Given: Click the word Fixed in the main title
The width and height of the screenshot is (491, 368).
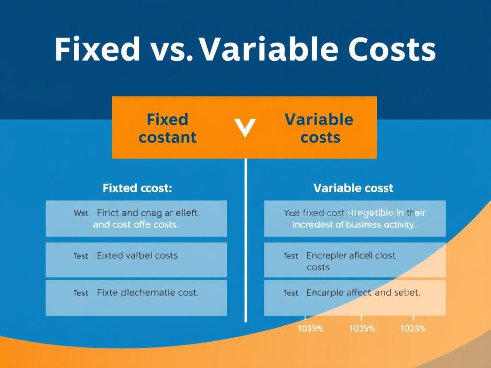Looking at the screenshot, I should coord(96,49).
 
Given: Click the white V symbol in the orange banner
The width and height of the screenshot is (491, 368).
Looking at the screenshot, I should coord(245,128).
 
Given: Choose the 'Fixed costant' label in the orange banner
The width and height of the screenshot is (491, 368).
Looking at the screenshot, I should coord(167,128).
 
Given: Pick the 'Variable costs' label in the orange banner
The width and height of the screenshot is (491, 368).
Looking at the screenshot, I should coord(319,128).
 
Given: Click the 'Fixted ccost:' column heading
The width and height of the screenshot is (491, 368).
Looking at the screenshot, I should coord(137,188).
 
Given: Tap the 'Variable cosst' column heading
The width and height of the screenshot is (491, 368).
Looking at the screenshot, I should coord(353,188).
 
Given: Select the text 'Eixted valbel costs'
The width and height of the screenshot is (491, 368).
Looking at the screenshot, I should coord(137,256).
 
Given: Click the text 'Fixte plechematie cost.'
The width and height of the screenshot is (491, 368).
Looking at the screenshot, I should coord(147,292).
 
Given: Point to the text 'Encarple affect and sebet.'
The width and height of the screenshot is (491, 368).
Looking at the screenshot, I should coord(363,293).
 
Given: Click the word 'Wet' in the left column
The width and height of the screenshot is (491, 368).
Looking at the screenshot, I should coord(81,213).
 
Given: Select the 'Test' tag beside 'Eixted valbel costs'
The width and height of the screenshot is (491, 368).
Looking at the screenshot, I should coord(81,256).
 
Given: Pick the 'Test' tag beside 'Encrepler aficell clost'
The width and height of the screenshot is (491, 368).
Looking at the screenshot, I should coord(291,256).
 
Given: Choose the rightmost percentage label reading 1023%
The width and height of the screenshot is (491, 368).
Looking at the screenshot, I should coord(412,329).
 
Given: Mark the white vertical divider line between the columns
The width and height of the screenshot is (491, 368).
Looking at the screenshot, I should coord(245,240).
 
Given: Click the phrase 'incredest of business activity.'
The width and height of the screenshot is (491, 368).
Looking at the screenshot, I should coord(354,225).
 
